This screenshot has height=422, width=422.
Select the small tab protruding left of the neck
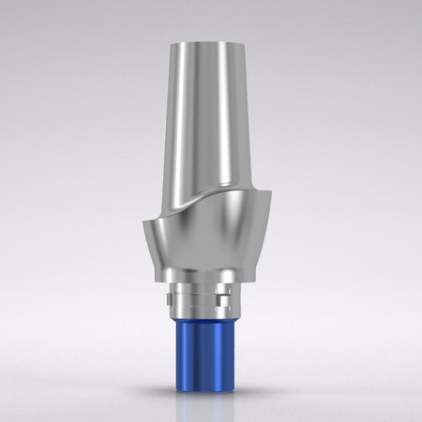(x=167, y=298)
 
